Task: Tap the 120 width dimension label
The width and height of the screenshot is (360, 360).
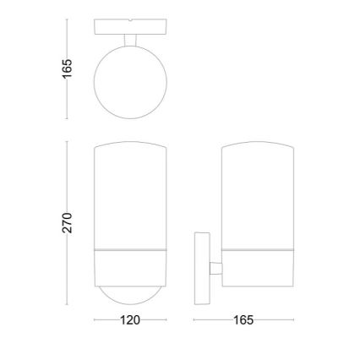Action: pyautogui.click(x=130, y=321)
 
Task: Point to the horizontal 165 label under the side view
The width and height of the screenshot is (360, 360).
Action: pyautogui.click(x=243, y=321)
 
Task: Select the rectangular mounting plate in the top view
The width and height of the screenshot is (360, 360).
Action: pyautogui.click(x=130, y=25)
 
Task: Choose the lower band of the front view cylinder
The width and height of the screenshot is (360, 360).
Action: pyautogui.click(x=130, y=266)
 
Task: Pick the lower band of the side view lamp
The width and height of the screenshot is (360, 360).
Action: pyautogui.click(x=257, y=266)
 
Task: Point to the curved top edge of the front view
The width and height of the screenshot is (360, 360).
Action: pyautogui.click(x=130, y=144)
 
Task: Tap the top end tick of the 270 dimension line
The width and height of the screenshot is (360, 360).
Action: pyautogui.click(x=68, y=142)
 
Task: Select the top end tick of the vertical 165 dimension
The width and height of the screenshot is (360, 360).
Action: pyautogui.click(x=68, y=19)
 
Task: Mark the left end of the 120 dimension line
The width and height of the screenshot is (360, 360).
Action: pyautogui.click(x=94, y=321)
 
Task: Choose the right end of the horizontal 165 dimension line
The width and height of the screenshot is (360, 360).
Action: pyautogui.click(x=293, y=321)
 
